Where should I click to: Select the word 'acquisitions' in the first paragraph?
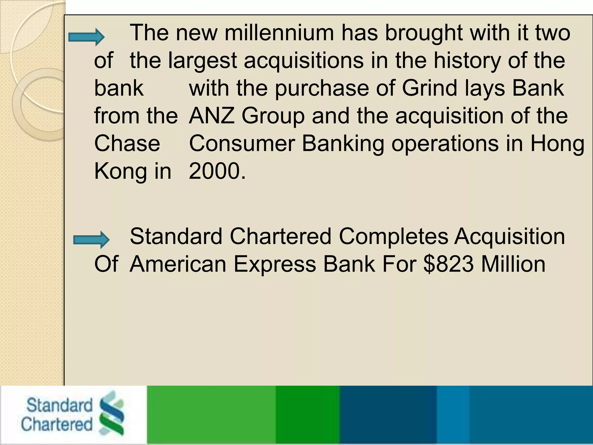(303, 61)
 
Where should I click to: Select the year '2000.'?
(217, 171)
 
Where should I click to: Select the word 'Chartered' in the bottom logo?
(57, 424)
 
